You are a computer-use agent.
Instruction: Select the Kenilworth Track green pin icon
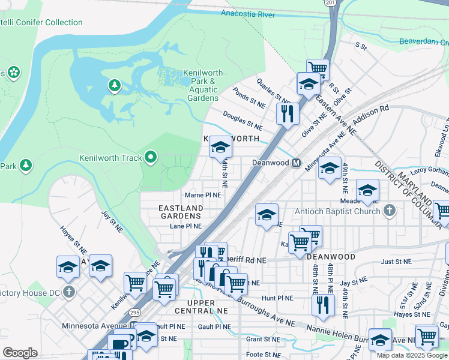(x=150, y=158)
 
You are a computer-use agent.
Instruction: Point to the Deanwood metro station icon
(x=297, y=163)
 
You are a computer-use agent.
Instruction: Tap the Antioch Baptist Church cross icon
(x=390, y=211)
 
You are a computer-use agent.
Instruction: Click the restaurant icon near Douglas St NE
(x=288, y=112)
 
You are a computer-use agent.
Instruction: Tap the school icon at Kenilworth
(x=220, y=148)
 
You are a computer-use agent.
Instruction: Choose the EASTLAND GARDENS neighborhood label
(x=180, y=212)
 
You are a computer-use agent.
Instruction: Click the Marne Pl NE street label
(x=203, y=195)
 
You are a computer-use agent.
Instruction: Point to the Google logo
(x=20, y=352)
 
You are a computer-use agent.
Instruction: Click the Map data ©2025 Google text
(x=412, y=355)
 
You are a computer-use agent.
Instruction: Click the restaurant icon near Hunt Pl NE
(x=322, y=304)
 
